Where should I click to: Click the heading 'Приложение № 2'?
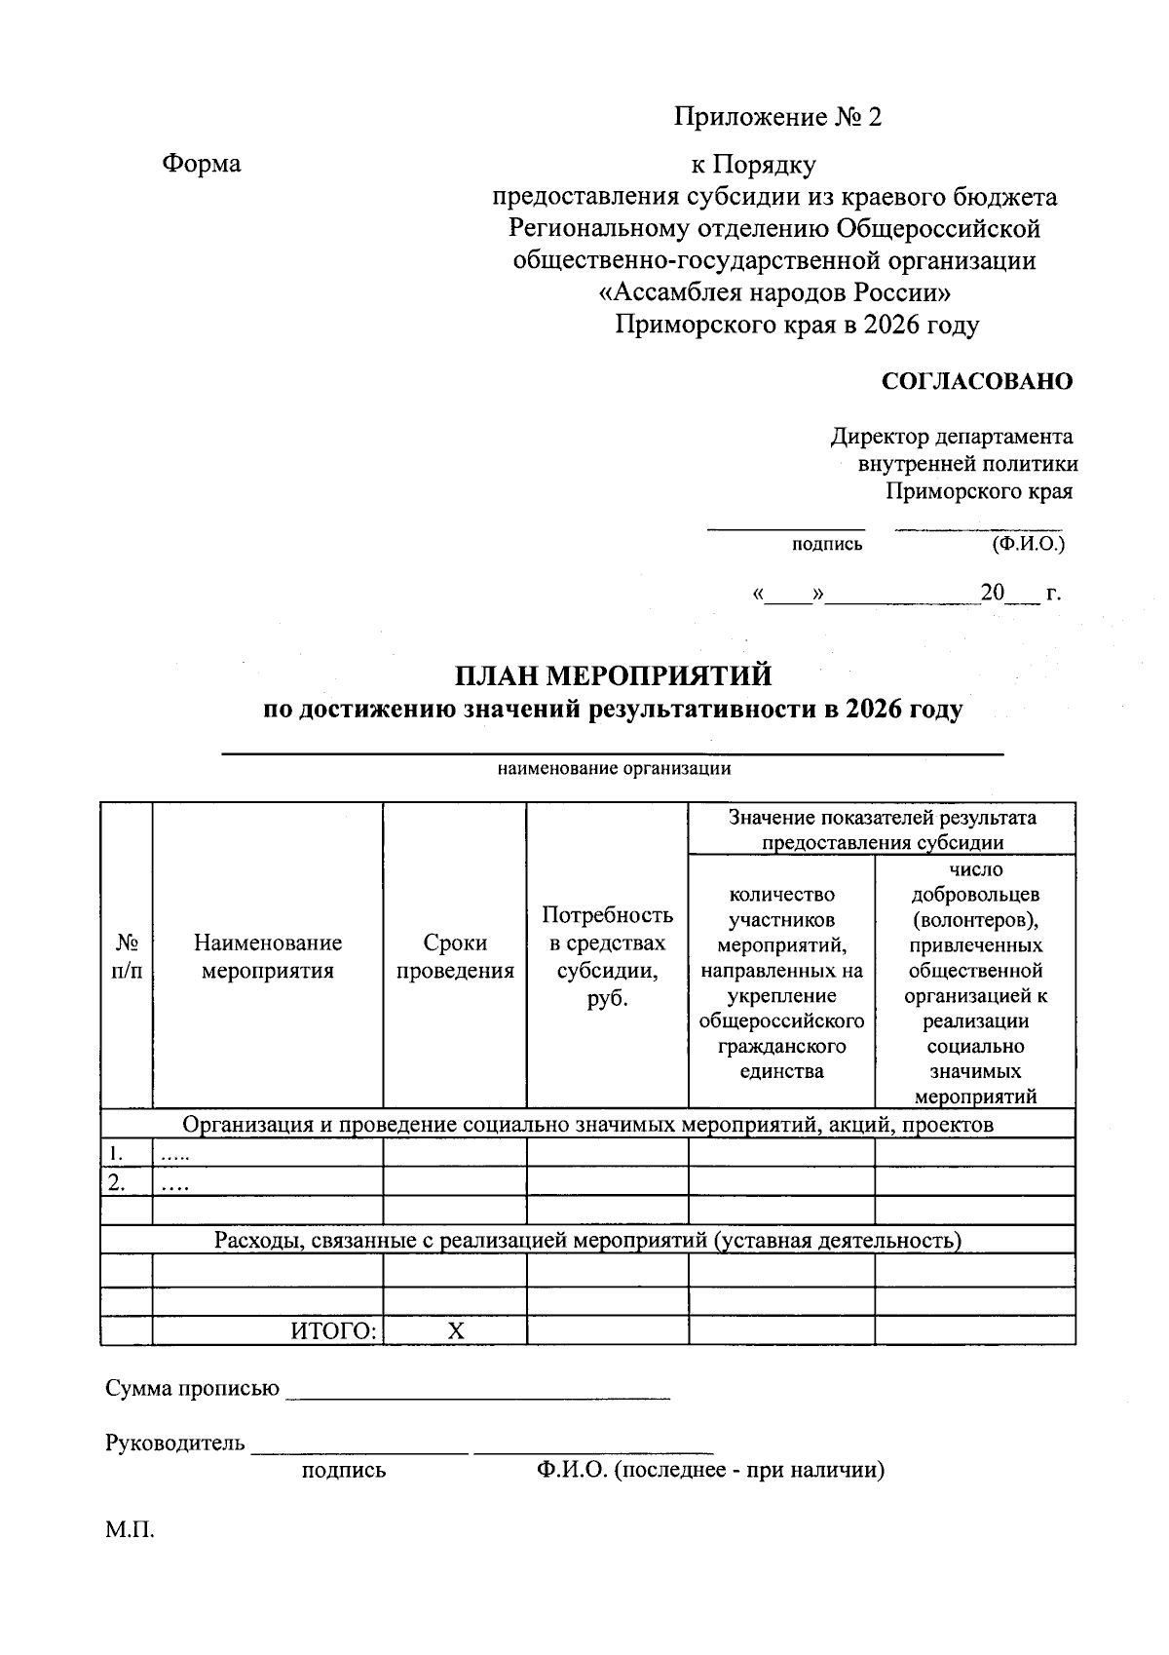pyautogui.click(x=777, y=118)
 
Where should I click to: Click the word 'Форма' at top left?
pyautogui.click(x=201, y=164)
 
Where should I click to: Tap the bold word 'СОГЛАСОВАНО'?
pyautogui.click(x=976, y=381)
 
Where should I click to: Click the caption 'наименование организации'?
pyautogui.click(x=614, y=769)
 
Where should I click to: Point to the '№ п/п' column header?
pyautogui.click(x=127, y=956)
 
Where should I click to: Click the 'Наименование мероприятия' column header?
pyautogui.click(x=268, y=956)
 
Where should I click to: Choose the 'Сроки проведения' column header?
pyautogui.click(x=455, y=956)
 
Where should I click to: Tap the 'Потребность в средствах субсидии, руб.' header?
pyautogui.click(x=607, y=956)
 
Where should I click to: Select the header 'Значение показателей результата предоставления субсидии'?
pyautogui.click(x=882, y=829)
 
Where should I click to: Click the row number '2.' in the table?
pyautogui.click(x=117, y=1183)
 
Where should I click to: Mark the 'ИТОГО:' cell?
pyautogui.click(x=333, y=1331)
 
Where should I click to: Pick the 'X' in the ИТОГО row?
pyautogui.click(x=455, y=1331)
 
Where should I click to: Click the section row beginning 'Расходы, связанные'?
pyautogui.click(x=587, y=1241)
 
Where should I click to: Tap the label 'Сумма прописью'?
pyautogui.click(x=192, y=1388)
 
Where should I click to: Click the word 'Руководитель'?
pyautogui.click(x=175, y=1443)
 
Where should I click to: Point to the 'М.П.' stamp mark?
pyautogui.click(x=131, y=1529)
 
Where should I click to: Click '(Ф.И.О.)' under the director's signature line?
pyautogui.click(x=1028, y=544)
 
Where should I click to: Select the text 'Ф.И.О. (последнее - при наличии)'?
pyautogui.click(x=709, y=1471)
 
